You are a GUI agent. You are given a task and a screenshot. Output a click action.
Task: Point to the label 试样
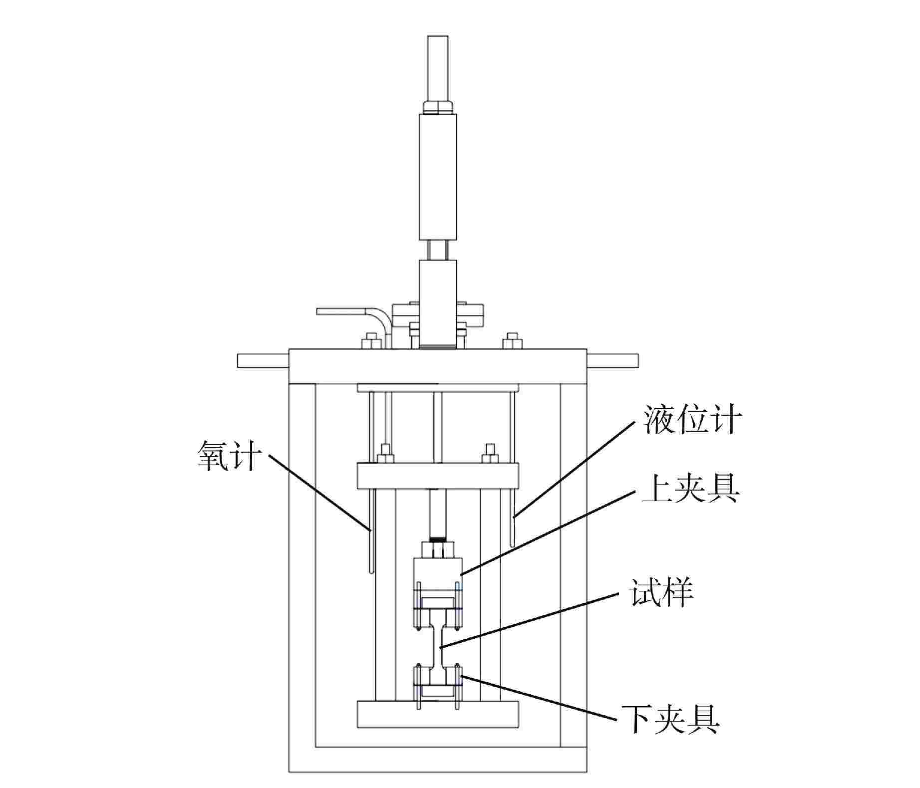[x=662, y=591]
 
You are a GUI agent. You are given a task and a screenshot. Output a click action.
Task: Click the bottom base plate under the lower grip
[x=438, y=714]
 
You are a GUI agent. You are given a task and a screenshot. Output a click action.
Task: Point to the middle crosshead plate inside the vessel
[x=438, y=476]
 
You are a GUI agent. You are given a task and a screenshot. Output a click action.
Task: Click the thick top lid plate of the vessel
[x=438, y=366]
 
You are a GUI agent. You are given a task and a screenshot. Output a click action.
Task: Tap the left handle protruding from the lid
[x=263, y=360]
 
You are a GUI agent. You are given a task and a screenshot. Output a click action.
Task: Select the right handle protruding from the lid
[x=613, y=360]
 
